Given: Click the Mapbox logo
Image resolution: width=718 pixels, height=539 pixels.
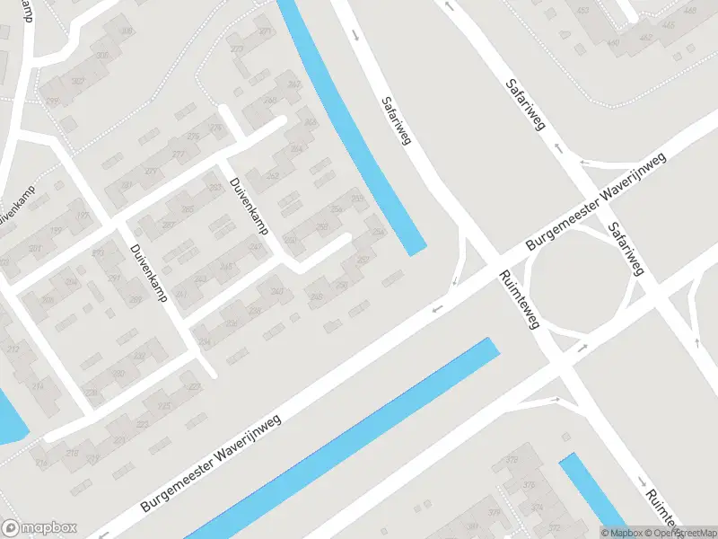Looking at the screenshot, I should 39,527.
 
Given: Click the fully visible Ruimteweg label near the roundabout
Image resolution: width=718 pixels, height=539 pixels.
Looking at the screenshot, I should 519,299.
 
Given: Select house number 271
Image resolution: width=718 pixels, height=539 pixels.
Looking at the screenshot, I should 266,32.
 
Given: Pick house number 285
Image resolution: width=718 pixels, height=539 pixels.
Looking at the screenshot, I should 188,209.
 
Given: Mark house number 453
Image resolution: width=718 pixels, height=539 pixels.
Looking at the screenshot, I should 582,11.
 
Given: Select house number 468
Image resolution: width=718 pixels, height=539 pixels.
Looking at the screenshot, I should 689,11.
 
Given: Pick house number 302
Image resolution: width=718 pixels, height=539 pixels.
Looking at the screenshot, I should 78,80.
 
